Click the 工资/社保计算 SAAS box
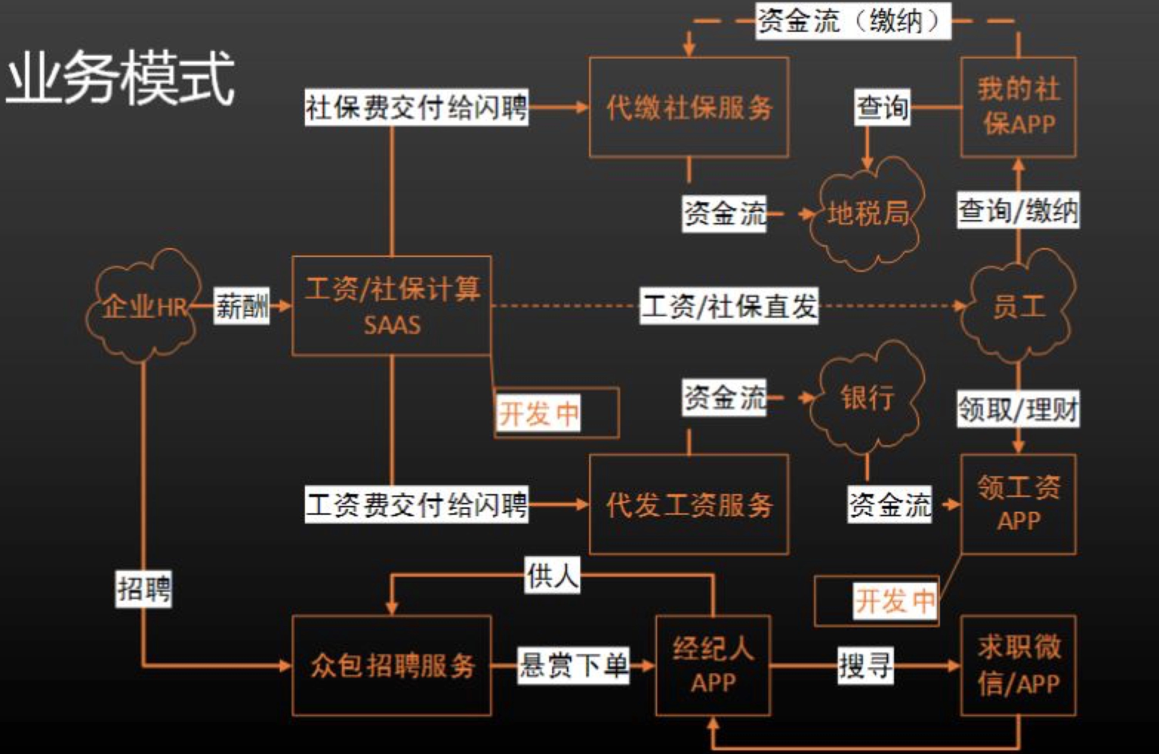[x=392, y=306]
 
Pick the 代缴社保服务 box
[x=689, y=107]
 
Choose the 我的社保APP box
[x=1018, y=107]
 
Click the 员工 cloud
[x=1018, y=307]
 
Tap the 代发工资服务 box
[x=689, y=504]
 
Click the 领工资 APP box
[x=1018, y=504]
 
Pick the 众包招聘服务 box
[x=392, y=666]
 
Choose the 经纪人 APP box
[x=713, y=666]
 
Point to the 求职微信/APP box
[x=1018, y=666]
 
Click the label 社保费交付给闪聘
[x=416, y=107]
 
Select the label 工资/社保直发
[x=729, y=306]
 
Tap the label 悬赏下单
[x=573, y=666]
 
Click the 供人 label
[x=552, y=575]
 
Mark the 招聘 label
[x=143, y=589]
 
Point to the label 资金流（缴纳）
[x=853, y=21]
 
